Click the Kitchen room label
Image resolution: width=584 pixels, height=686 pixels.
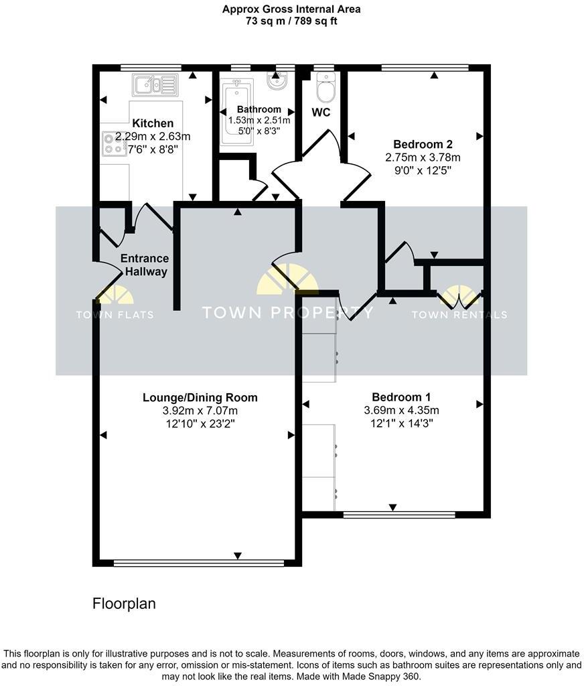coord(153,123)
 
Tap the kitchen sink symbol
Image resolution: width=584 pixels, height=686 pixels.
coord(155,85)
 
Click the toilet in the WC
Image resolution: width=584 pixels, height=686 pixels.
coord(325,86)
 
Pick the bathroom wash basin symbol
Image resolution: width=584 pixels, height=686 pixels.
coord(276,81)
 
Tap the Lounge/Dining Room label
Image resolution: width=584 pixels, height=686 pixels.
coord(200,397)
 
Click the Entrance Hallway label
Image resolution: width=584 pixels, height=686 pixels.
coord(144,265)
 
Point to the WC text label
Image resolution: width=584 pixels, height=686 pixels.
coord(321,113)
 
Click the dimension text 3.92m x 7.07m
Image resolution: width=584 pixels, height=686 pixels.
coord(200,411)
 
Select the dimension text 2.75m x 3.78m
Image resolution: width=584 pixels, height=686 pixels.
coord(423,158)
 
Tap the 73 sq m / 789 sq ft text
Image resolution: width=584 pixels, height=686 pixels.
coord(291,21)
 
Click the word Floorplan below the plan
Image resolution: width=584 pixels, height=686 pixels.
coord(124,604)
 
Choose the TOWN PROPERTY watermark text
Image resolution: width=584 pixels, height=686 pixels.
coord(288,313)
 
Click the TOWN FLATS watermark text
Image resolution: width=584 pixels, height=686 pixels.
coord(115,315)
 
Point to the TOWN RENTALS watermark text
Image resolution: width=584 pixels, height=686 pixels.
coord(459,315)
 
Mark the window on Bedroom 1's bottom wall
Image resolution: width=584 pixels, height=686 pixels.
coord(399,514)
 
